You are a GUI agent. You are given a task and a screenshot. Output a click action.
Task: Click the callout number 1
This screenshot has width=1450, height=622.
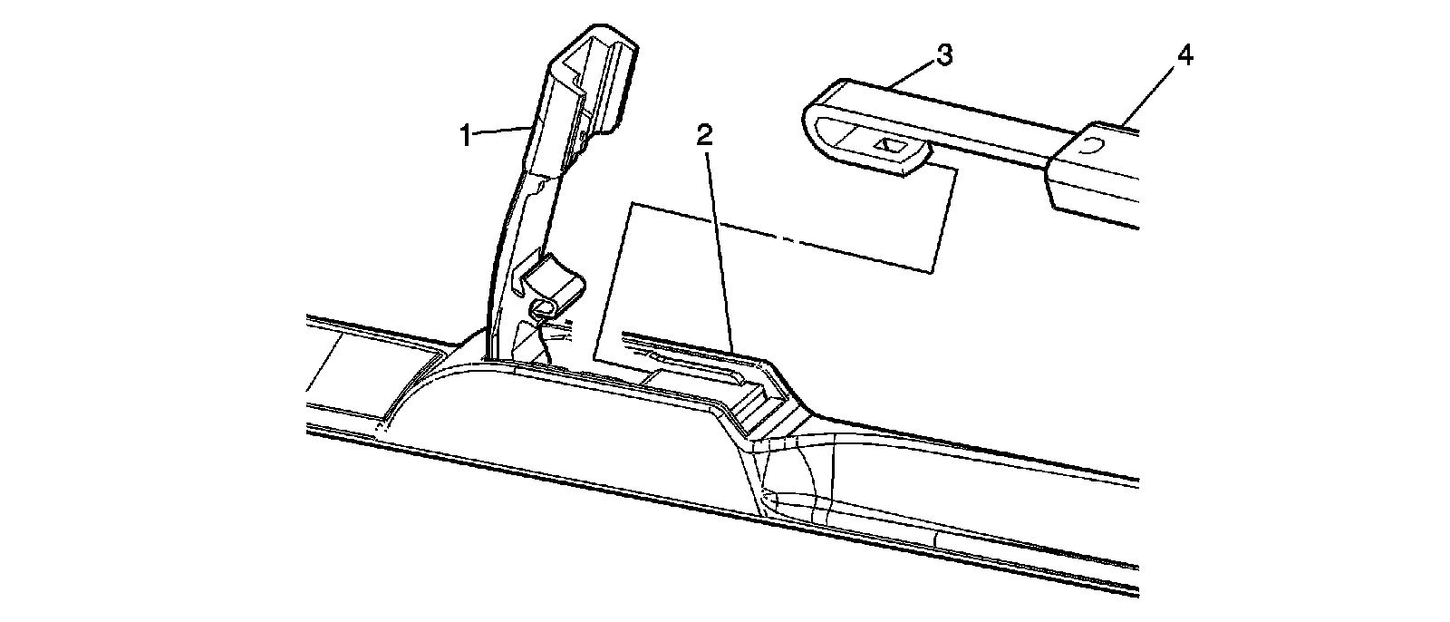click(466, 137)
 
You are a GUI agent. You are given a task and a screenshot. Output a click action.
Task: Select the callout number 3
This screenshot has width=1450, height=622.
click(943, 55)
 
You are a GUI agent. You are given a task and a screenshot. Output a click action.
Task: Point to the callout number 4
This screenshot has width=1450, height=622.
click(1184, 55)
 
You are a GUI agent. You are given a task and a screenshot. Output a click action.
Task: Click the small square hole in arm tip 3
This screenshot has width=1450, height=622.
click(887, 145)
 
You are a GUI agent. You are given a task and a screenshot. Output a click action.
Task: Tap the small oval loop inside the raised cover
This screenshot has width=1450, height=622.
click(546, 309)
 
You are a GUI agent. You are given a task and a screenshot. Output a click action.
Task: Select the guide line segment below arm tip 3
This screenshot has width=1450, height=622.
click(944, 218)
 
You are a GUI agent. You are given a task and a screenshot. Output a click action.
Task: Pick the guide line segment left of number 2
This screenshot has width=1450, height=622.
click(612, 281)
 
